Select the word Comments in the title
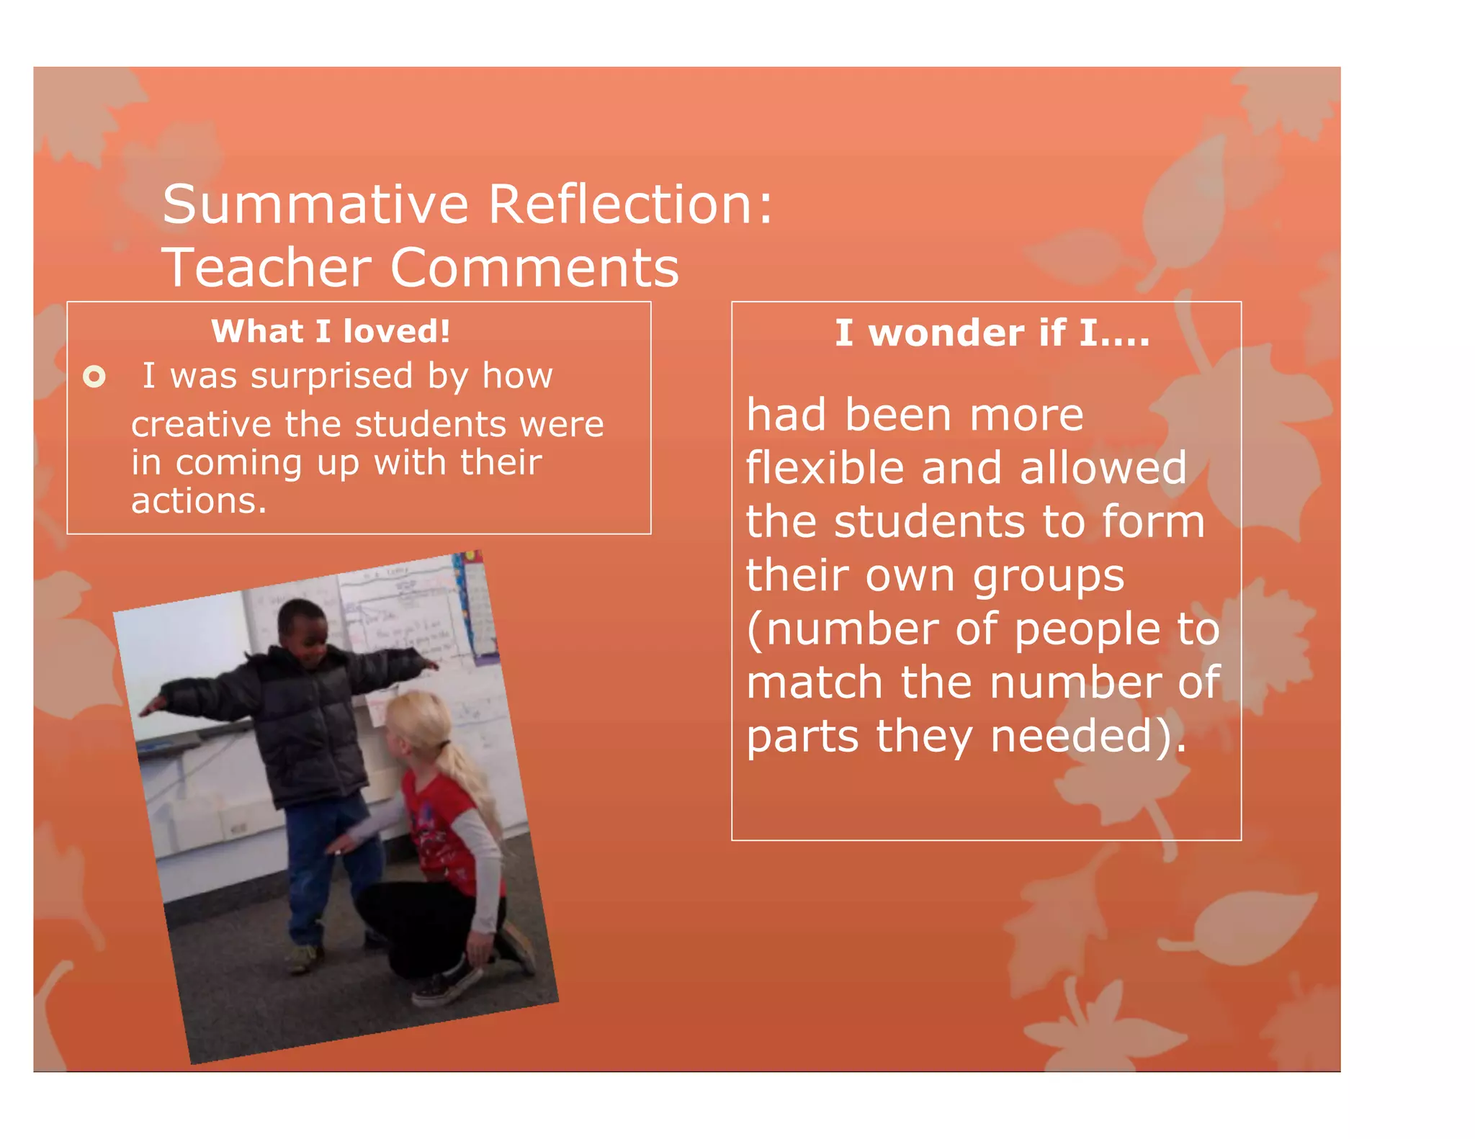click(x=534, y=268)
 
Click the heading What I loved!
click(x=331, y=331)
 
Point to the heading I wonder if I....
click(x=992, y=333)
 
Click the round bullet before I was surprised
click(x=94, y=377)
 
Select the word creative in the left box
click(x=201, y=424)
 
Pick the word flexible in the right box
click(x=825, y=468)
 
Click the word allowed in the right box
click(x=1103, y=468)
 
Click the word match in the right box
click(x=815, y=683)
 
